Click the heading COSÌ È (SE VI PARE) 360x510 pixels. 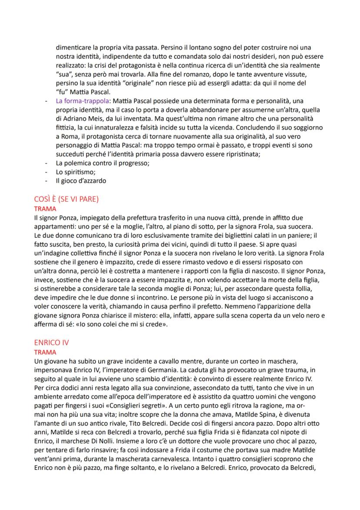coord(66,199)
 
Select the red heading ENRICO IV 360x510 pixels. coord(51,342)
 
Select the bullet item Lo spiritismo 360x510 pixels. coord(73,172)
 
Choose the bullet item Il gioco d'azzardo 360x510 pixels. coord(81,181)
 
